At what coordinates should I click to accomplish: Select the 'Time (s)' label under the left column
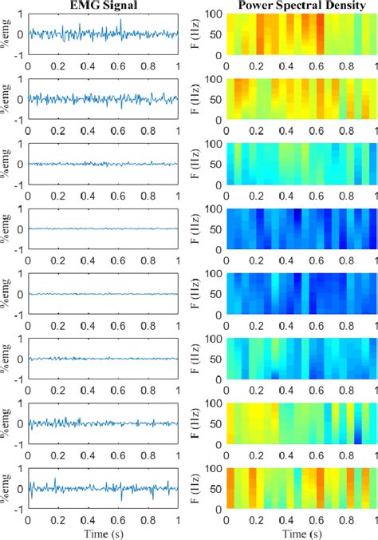click(x=103, y=532)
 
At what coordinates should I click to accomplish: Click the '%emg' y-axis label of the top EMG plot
click(x=6, y=34)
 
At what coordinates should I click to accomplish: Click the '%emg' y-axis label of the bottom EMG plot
click(x=6, y=488)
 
